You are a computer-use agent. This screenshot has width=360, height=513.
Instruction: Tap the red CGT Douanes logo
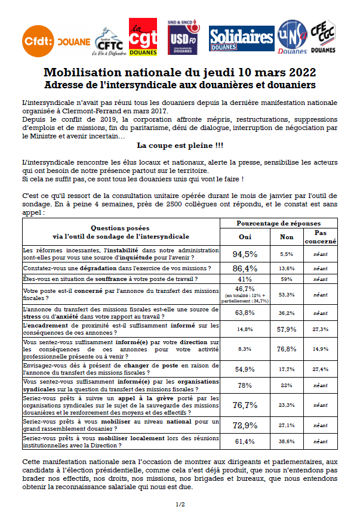tap(143, 35)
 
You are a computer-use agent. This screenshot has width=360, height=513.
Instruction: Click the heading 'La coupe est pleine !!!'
tap(180, 145)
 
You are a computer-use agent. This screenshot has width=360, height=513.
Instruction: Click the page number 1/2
tap(180, 505)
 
